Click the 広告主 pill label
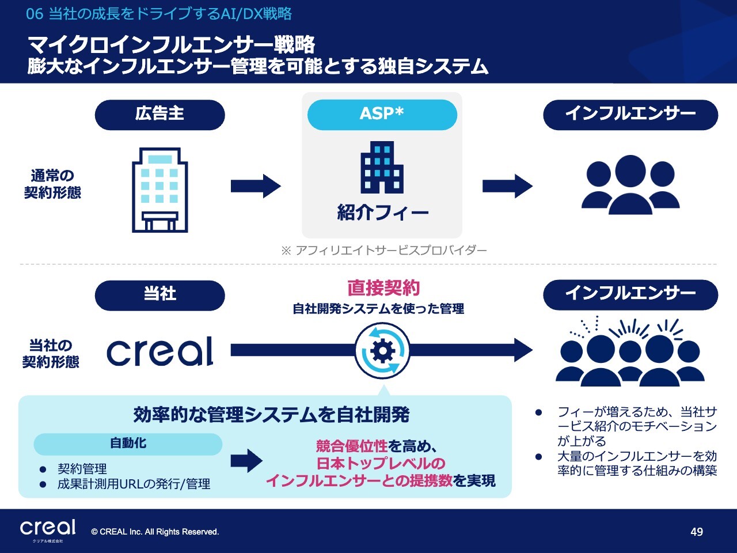159,114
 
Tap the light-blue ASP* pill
382,114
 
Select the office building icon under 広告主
159,190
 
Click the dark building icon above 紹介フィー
382,167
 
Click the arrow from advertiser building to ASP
255,185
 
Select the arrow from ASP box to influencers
507,185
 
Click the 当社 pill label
159,295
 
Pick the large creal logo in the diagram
159,351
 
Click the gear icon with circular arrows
382,350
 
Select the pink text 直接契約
383,288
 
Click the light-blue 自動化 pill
128,444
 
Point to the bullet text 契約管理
82,469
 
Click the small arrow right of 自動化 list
246,461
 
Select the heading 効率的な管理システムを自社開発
271,415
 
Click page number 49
697,532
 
